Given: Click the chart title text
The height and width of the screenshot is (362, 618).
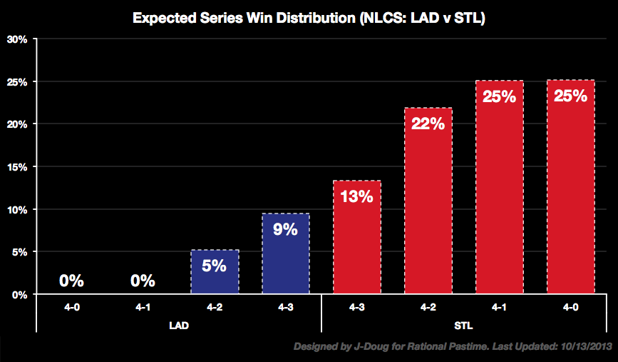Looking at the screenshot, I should pos(309,19).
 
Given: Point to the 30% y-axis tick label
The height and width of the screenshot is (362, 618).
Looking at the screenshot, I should pos(16,39).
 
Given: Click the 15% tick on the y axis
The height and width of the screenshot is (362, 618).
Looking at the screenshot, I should pos(16,167).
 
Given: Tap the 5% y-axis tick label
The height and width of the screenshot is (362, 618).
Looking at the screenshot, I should pos(19,252).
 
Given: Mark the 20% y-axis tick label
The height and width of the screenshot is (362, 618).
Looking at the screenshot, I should pos(16,124).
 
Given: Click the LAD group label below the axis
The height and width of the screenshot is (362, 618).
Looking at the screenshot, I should pos(179,324).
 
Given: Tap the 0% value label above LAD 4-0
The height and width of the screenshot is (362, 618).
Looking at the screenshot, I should pos(72,281).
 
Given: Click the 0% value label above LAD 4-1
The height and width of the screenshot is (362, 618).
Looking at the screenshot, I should pos(143,281).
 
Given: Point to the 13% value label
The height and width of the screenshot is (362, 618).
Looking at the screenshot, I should pos(356,196).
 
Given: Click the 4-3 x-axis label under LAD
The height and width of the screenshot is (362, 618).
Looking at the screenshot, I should pos(285,308).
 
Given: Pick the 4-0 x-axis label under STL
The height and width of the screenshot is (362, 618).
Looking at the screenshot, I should pos(570,308).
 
